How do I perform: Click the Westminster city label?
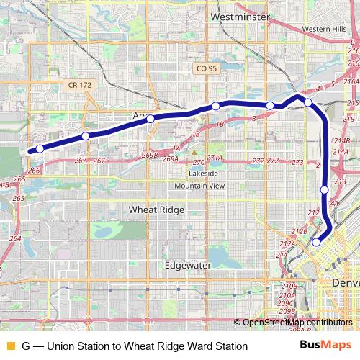point(240,16)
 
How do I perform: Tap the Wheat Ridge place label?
point(156,210)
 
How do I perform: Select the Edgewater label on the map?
point(187,264)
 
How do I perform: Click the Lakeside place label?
point(203,174)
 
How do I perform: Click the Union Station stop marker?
point(316,243)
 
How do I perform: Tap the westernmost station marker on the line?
point(40,149)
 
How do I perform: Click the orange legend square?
point(9,346)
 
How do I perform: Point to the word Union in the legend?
point(61,346)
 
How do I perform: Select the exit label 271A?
point(215,158)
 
